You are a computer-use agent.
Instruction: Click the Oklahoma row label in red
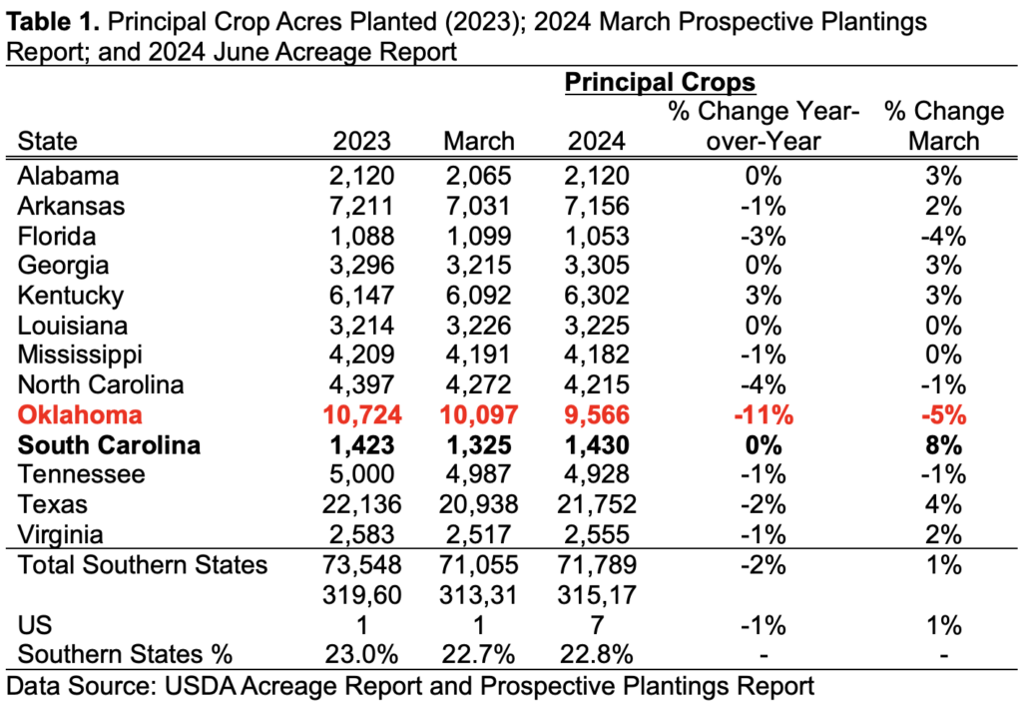(x=81, y=415)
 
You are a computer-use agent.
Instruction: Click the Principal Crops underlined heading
(x=661, y=82)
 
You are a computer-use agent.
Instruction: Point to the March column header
(x=479, y=141)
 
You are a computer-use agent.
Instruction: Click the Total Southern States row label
(x=143, y=565)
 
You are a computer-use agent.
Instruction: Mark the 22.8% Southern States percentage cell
(x=597, y=655)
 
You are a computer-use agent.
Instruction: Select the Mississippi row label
(x=81, y=356)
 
